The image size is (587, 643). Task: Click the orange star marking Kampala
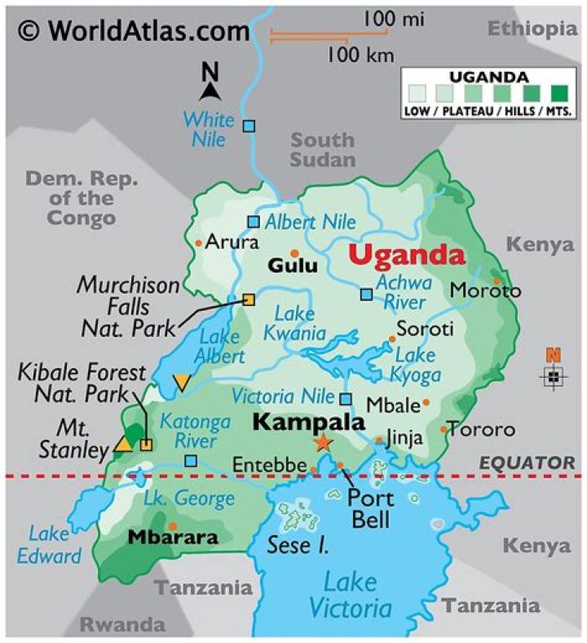pyautogui.click(x=324, y=442)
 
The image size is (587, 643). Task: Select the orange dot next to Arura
pyautogui.click(x=198, y=243)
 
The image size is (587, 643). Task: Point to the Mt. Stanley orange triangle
pyautogui.click(x=123, y=444)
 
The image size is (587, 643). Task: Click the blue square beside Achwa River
pyautogui.click(x=366, y=295)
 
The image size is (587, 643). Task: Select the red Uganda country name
pyautogui.click(x=407, y=255)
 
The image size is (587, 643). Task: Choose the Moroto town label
pyautogui.click(x=485, y=290)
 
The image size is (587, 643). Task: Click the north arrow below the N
pyautogui.click(x=211, y=91)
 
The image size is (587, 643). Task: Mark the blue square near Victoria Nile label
pyautogui.click(x=346, y=399)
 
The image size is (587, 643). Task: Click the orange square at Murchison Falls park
pyautogui.click(x=249, y=299)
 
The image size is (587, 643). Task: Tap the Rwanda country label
pyautogui.click(x=123, y=624)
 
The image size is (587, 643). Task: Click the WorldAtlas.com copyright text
pyautogui.click(x=135, y=31)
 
